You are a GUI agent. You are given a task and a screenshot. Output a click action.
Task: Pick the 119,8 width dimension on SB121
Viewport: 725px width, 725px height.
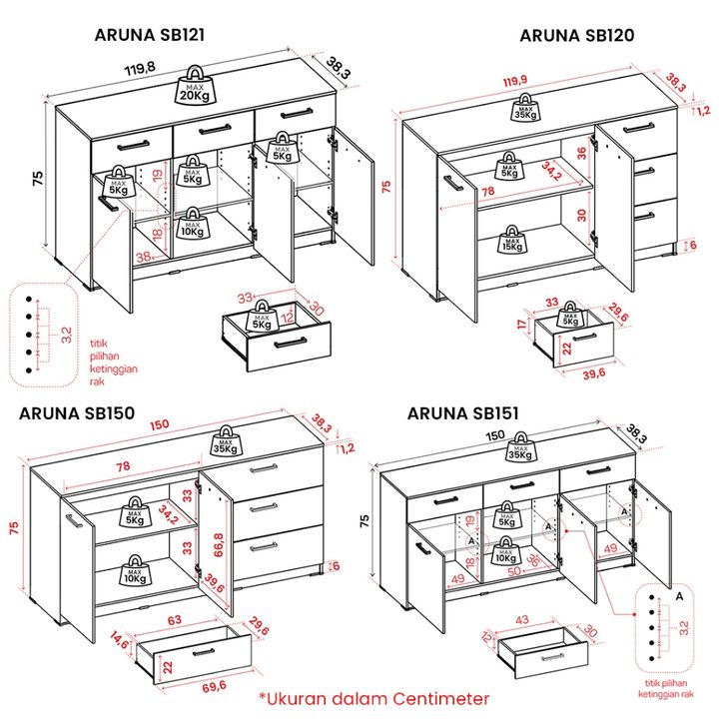[x=140, y=69]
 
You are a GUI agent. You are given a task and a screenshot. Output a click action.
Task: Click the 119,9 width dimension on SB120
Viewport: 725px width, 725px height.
[x=515, y=81]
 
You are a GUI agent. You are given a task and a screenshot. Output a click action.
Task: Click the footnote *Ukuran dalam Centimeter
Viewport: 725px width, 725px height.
[x=374, y=699]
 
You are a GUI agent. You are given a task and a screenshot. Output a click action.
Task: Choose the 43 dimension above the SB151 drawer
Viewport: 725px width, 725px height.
[x=549, y=620]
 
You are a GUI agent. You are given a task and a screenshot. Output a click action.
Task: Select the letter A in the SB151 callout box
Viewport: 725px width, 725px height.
[x=679, y=596]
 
